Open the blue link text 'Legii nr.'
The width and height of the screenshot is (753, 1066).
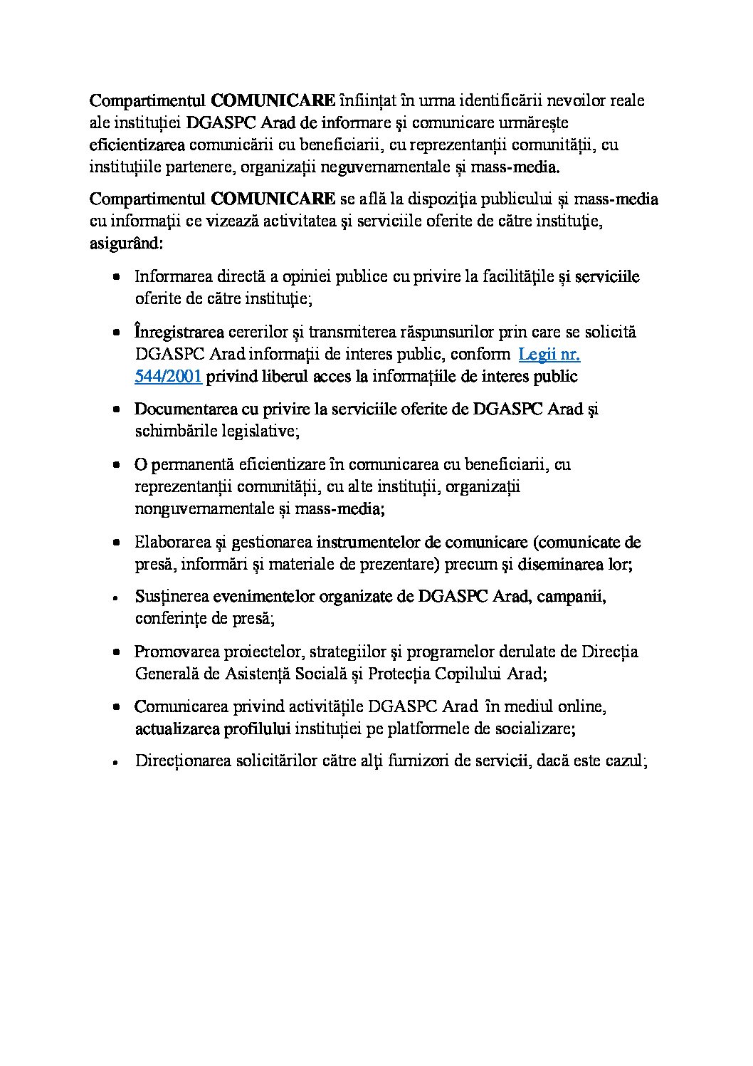(x=549, y=354)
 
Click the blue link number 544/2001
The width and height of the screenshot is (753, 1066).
(x=168, y=377)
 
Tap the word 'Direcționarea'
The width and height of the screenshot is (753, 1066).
(x=181, y=761)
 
